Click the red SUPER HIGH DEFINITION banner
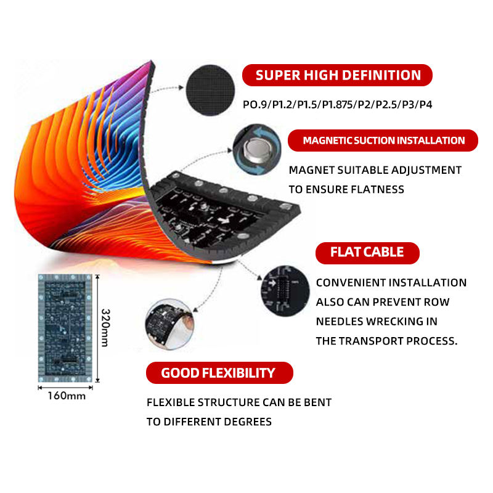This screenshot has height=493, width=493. [x=338, y=75]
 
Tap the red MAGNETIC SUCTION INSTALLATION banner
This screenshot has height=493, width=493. [x=383, y=141]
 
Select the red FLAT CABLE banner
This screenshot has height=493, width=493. [x=367, y=252]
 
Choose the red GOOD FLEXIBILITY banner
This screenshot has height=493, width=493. [x=218, y=373]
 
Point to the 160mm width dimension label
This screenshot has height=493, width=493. [x=66, y=396]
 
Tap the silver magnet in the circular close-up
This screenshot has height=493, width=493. [x=254, y=149]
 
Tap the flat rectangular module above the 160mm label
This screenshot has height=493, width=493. [x=66, y=327]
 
